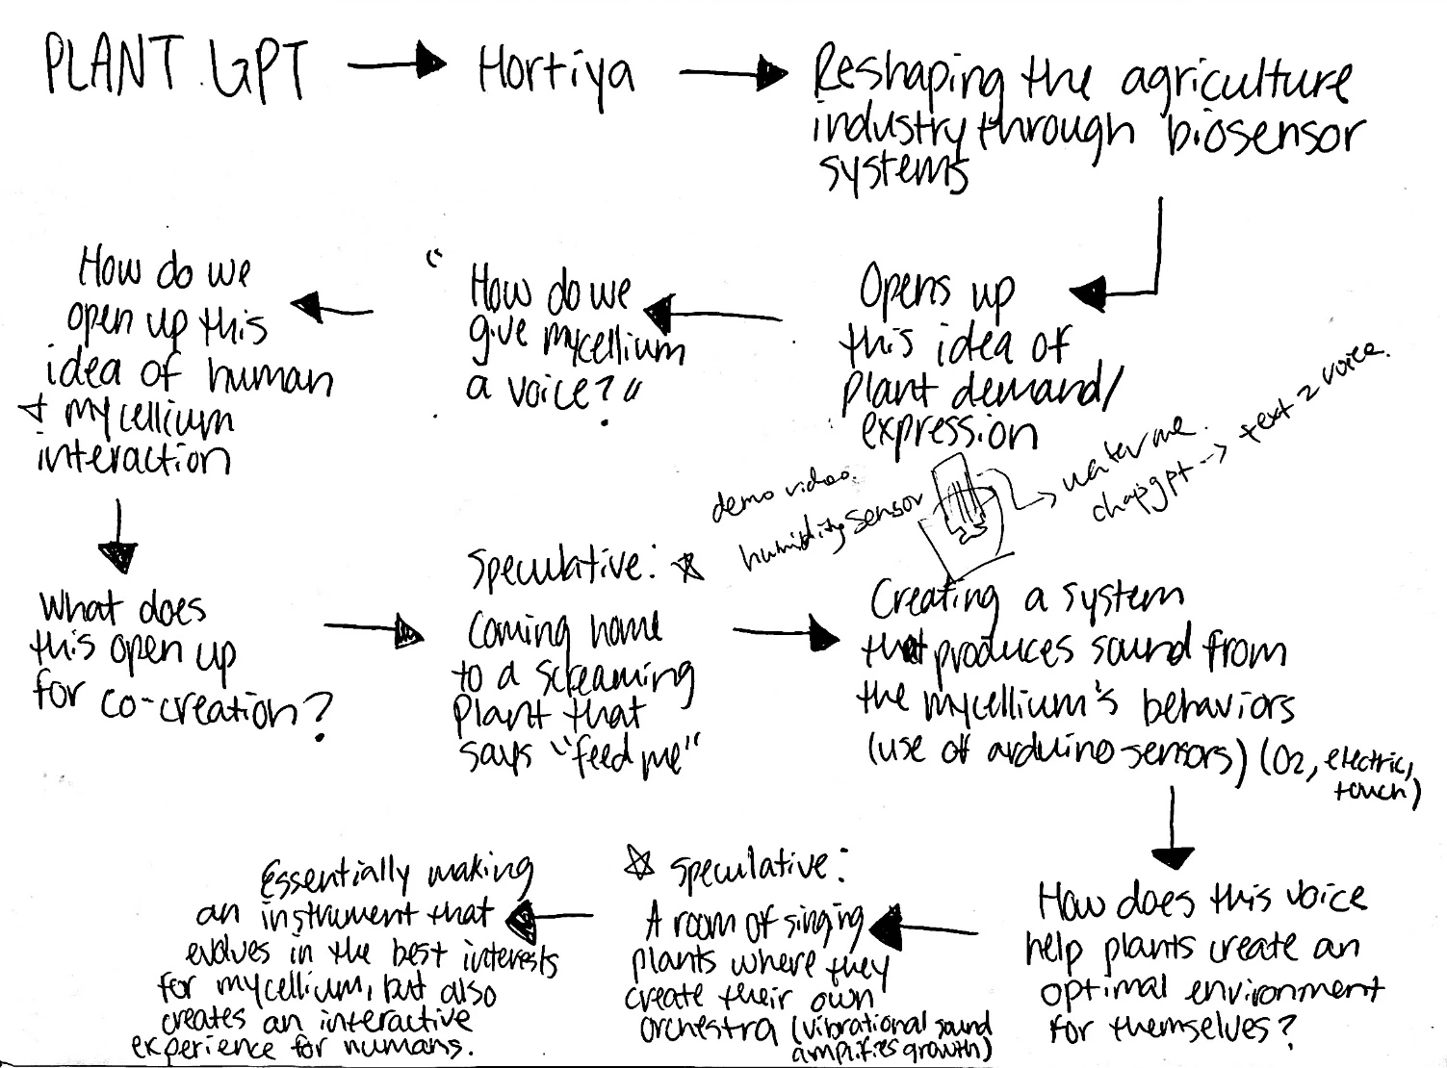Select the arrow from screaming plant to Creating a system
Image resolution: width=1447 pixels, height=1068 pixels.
coord(785,633)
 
